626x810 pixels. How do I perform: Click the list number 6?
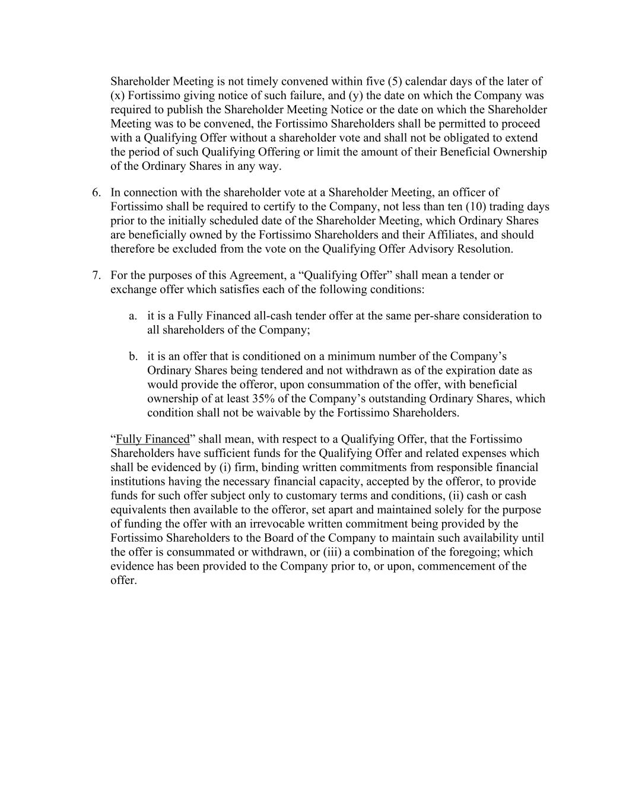tap(96, 192)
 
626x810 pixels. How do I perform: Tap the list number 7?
tap(96, 275)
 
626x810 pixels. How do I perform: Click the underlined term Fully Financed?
tap(152, 439)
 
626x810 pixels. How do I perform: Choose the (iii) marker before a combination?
tap(335, 552)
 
